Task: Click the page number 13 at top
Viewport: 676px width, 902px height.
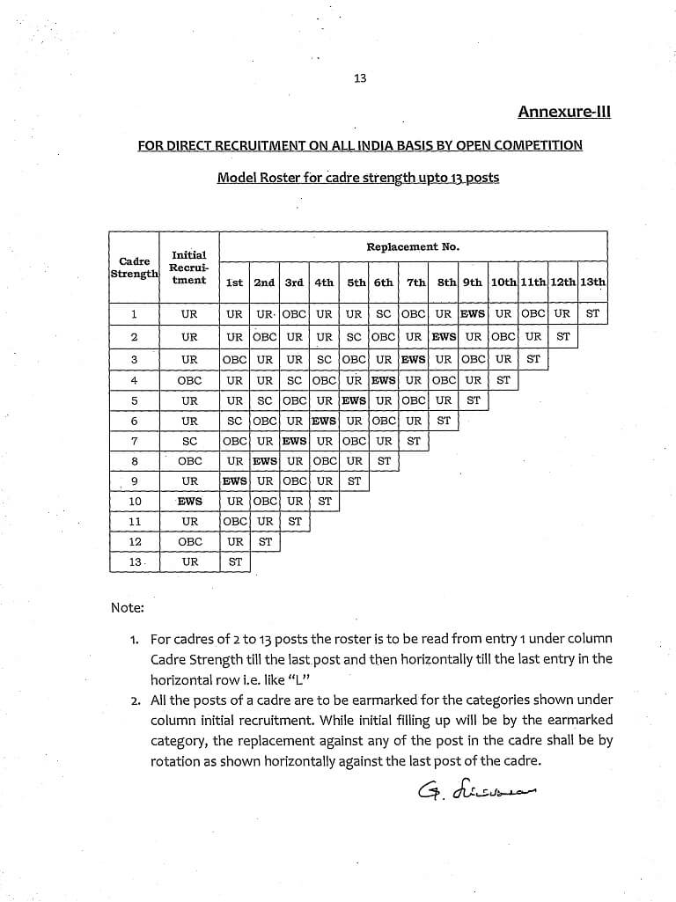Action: pos(359,78)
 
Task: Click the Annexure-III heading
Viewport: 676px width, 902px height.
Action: pos(563,112)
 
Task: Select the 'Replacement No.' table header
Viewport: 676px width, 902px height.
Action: pos(413,247)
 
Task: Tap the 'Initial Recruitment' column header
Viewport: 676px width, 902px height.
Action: pos(189,268)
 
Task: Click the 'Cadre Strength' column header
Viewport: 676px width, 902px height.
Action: pos(134,268)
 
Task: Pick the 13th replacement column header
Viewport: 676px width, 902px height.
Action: pos(592,282)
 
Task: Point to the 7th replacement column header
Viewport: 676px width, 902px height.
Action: pos(415,282)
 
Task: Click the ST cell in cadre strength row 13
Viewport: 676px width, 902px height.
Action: pos(235,561)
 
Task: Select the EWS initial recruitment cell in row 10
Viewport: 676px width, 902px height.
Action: pos(189,502)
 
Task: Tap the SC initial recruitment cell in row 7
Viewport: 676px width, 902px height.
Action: pos(189,441)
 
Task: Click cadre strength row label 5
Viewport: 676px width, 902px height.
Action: pos(134,400)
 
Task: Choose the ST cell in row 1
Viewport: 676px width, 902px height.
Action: pos(592,313)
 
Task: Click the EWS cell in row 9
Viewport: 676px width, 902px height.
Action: pos(235,481)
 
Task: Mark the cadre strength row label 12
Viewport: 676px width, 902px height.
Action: pos(134,542)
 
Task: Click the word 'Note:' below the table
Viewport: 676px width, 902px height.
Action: pos(128,607)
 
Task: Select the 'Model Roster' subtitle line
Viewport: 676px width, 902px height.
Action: pos(357,178)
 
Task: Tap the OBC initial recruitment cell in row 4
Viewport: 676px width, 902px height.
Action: pos(189,380)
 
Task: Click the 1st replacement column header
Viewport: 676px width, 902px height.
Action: pos(235,282)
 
